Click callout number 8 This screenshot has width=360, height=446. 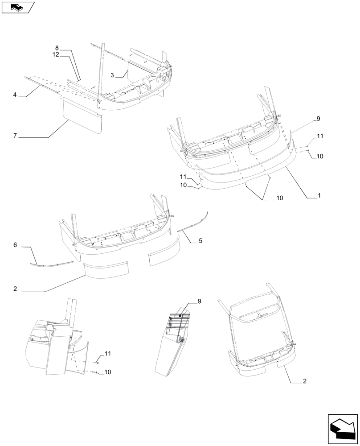[x=57, y=48]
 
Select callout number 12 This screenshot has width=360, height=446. [x=56, y=54]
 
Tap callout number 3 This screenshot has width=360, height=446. [x=113, y=75]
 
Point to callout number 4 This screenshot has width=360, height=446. [x=15, y=95]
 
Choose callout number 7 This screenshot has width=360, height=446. [x=15, y=136]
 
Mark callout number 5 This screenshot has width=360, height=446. [x=200, y=241]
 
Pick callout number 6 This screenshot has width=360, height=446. [x=15, y=245]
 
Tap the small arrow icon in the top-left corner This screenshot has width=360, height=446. [x=17, y=7]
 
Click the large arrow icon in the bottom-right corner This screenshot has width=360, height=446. [x=343, y=429]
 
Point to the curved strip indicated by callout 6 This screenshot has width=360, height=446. [x=51, y=264]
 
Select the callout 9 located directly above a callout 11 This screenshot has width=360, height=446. [x=319, y=119]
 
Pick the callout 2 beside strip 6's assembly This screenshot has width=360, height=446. [x=15, y=289]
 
